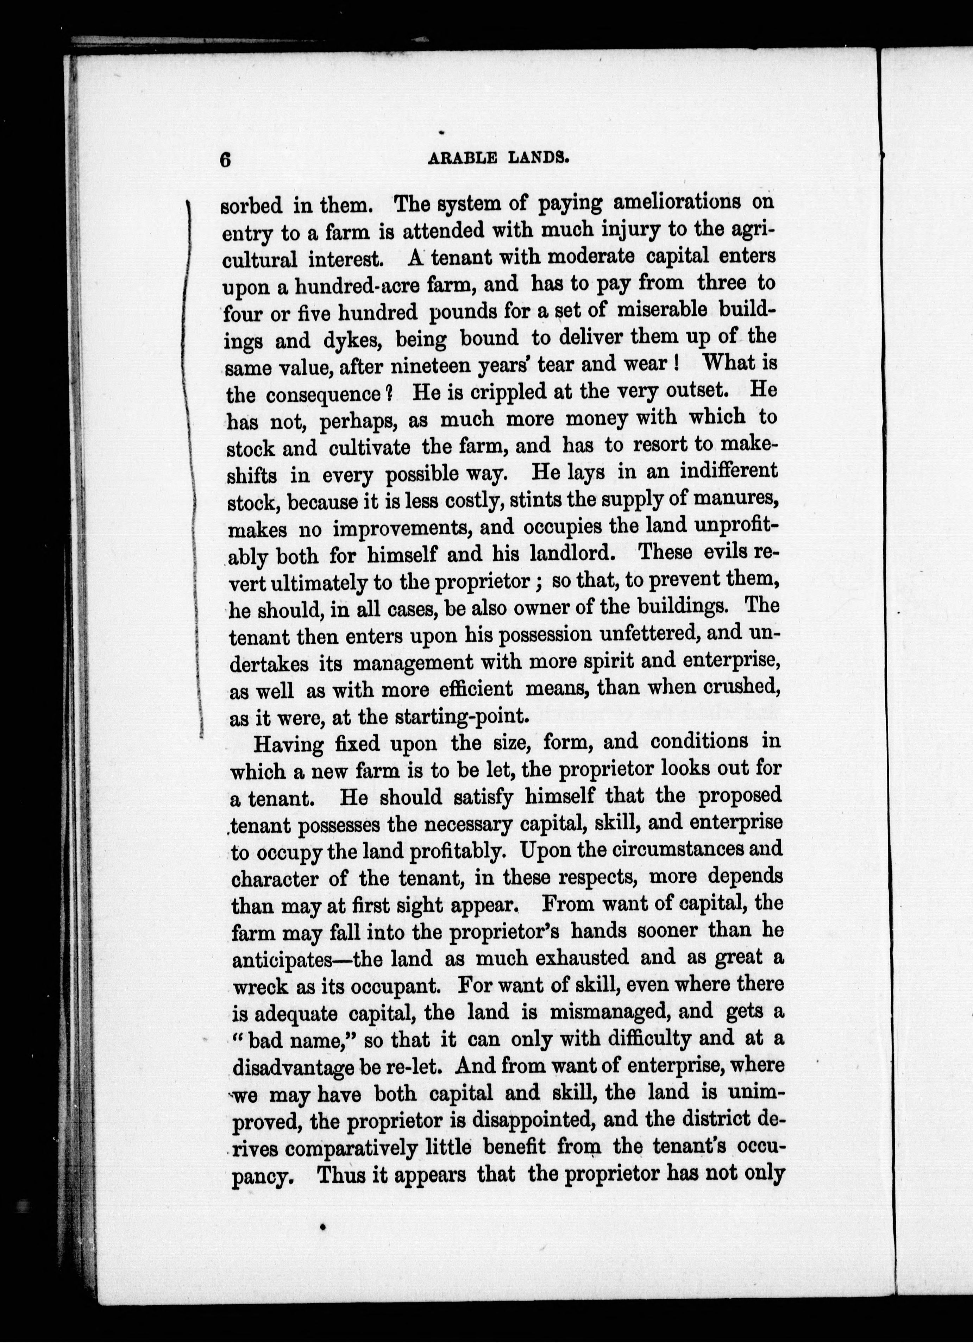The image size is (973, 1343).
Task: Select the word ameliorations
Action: tap(676, 202)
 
